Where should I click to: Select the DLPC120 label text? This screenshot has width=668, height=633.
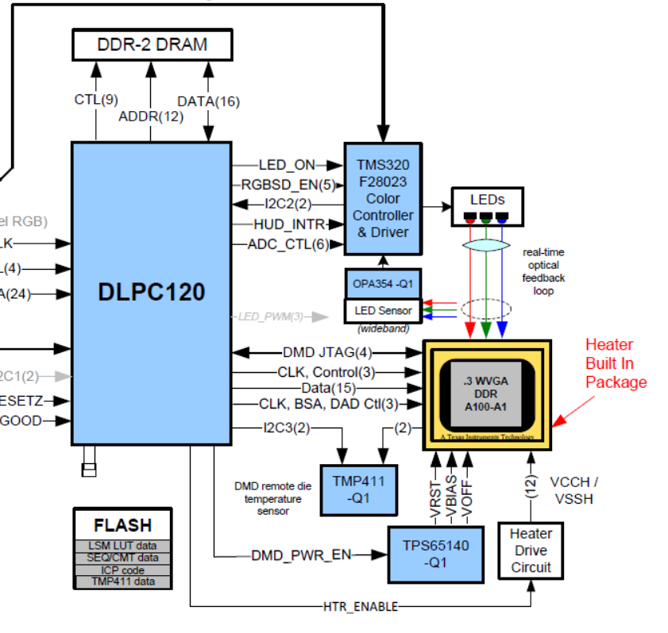click(x=151, y=292)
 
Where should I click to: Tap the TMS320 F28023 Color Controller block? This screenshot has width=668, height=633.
click(x=383, y=198)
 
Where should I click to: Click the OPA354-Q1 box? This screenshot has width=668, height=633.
click(x=383, y=283)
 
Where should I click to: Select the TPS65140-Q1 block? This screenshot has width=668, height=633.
click(x=435, y=554)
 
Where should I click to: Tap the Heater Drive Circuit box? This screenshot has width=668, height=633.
click(x=530, y=551)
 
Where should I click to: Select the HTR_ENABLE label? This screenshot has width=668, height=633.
click(x=360, y=607)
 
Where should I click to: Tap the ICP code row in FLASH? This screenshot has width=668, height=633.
click(x=122, y=570)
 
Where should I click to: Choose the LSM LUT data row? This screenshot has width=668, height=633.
click(x=122, y=546)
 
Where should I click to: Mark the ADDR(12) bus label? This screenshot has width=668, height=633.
click(x=150, y=117)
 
